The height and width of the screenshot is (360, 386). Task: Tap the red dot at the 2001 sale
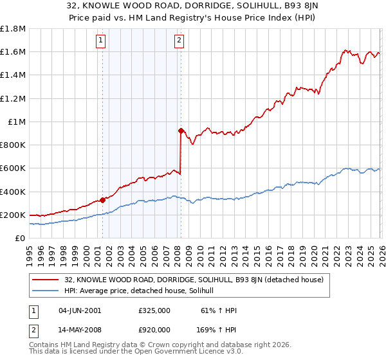(x=102, y=200)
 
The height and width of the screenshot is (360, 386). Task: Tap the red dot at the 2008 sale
(x=181, y=130)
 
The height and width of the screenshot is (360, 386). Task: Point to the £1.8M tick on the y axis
(x=13, y=29)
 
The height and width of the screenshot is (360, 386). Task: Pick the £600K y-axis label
(x=13, y=168)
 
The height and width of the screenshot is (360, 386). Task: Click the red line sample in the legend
(x=46, y=280)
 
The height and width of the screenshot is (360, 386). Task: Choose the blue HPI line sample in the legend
(x=46, y=291)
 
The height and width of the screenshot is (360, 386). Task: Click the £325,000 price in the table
(x=154, y=310)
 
